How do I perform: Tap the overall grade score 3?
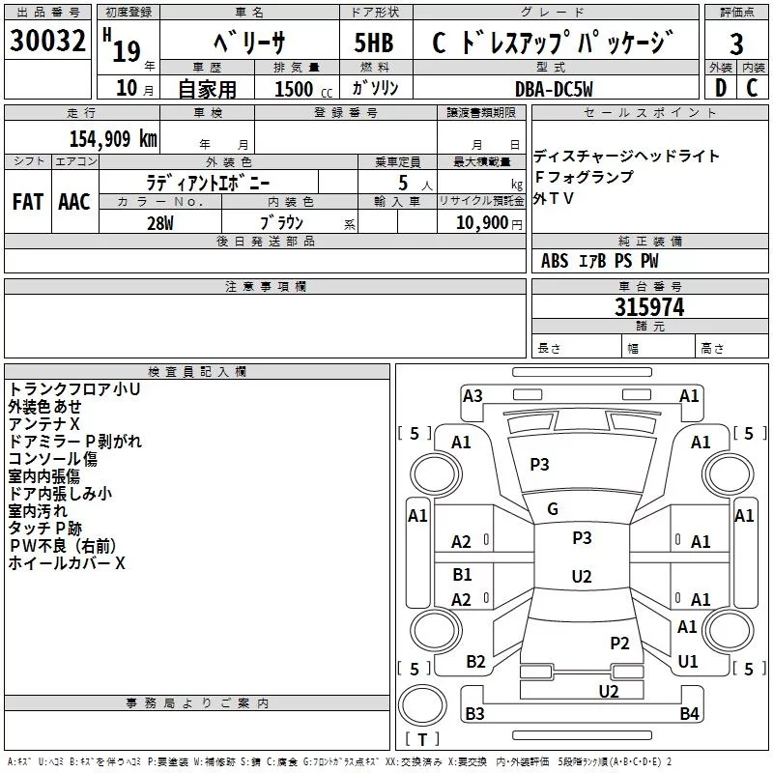coord(737,44)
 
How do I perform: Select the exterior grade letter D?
coord(720,88)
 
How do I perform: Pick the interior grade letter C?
coord(752,88)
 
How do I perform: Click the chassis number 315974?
coord(649,307)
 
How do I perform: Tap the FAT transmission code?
coord(27,202)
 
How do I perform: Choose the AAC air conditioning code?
coord(73,202)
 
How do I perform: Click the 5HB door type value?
coord(374,43)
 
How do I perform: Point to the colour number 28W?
coord(160,223)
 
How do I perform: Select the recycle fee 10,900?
coord(479,223)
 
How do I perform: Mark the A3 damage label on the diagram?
coord(472,395)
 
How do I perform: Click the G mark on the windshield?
coord(553,509)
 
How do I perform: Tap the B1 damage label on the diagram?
coord(462,575)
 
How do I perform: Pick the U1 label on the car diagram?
coord(688,662)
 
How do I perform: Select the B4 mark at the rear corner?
coord(688,714)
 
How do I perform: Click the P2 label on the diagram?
coord(619,643)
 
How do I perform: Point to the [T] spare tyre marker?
coord(422,740)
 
